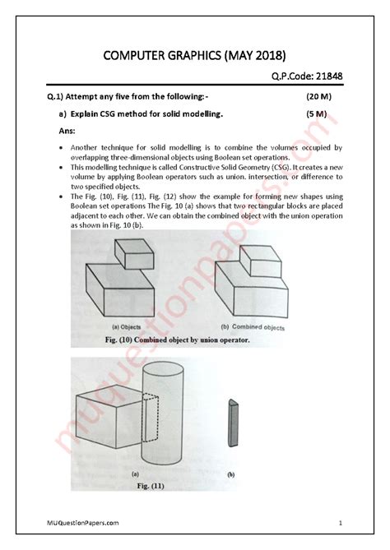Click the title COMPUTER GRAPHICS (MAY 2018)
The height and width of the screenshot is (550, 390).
(x=194, y=55)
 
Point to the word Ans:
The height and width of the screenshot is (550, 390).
(x=71, y=130)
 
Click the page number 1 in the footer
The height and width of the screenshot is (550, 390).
(x=339, y=524)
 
